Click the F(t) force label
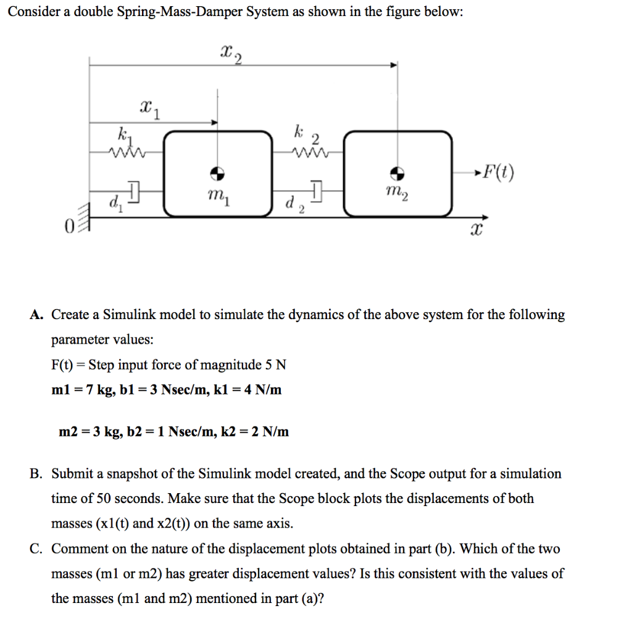(x=498, y=171)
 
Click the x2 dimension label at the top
(x=230, y=54)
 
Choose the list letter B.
(x=36, y=474)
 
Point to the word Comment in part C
(x=75, y=549)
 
